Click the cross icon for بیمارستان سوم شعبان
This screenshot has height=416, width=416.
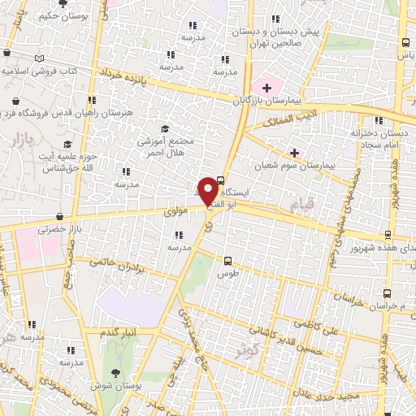coord(294,152)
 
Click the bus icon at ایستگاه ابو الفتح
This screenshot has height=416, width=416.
coord(221,181)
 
